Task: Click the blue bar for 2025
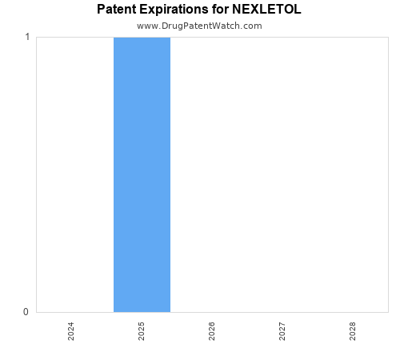tap(142, 174)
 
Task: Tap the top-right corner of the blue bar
tap(170, 38)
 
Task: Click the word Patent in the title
tap(118, 10)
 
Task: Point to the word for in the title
tap(226, 10)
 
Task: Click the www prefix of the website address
tap(147, 26)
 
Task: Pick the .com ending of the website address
tap(251, 26)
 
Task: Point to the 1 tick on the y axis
tap(27, 37)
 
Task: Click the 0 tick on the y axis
tap(27, 312)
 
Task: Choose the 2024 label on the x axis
tap(71, 331)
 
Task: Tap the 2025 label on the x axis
tap(142, 331)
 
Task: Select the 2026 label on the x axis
tap(212, 331)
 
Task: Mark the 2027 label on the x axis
tap(282, 331)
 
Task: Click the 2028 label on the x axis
tap(353, 331)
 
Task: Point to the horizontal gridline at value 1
tap(280, 37)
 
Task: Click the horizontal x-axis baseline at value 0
tap(280, 312)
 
